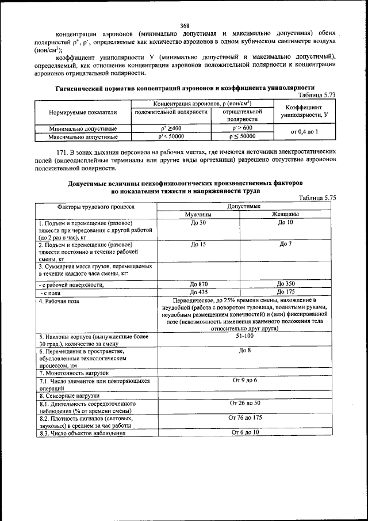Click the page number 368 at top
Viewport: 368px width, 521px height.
184,25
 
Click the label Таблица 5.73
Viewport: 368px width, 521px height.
317,95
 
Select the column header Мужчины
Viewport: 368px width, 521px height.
198,214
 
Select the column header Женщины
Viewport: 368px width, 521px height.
285,214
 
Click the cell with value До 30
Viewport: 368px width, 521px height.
198,222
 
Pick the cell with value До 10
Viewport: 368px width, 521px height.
285,222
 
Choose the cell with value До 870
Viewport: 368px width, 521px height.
198,284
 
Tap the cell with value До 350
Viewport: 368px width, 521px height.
285,284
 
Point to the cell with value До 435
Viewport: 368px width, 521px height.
198,292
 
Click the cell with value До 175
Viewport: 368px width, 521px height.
285,292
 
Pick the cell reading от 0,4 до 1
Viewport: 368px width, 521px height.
304,132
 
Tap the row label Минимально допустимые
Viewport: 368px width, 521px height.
83,128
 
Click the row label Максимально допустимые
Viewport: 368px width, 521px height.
83,137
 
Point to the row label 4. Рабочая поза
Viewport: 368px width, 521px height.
60,301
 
